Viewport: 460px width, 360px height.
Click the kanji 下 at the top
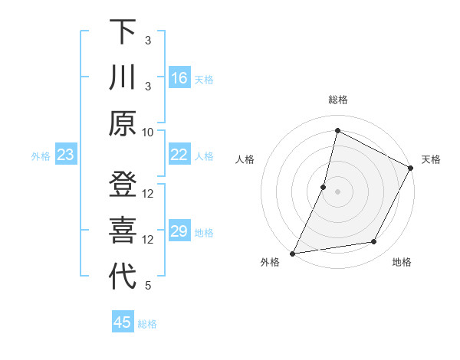123,32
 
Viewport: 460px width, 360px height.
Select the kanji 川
123,78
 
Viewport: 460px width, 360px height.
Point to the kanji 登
123,186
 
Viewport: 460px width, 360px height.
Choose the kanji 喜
123,232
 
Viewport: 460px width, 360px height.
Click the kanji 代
123,278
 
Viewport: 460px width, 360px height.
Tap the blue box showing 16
179,78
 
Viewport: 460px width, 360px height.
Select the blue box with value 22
179,155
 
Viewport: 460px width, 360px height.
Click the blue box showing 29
179,232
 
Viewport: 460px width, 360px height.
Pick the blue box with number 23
65,155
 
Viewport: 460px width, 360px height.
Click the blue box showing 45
123,322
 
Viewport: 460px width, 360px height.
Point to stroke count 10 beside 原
149,132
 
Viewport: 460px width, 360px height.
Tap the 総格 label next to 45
147,324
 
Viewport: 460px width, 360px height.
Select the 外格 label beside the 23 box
41,156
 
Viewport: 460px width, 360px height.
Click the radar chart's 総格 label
337,100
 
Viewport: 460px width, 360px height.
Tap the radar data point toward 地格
374,242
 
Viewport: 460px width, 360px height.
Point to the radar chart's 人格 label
245,159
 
